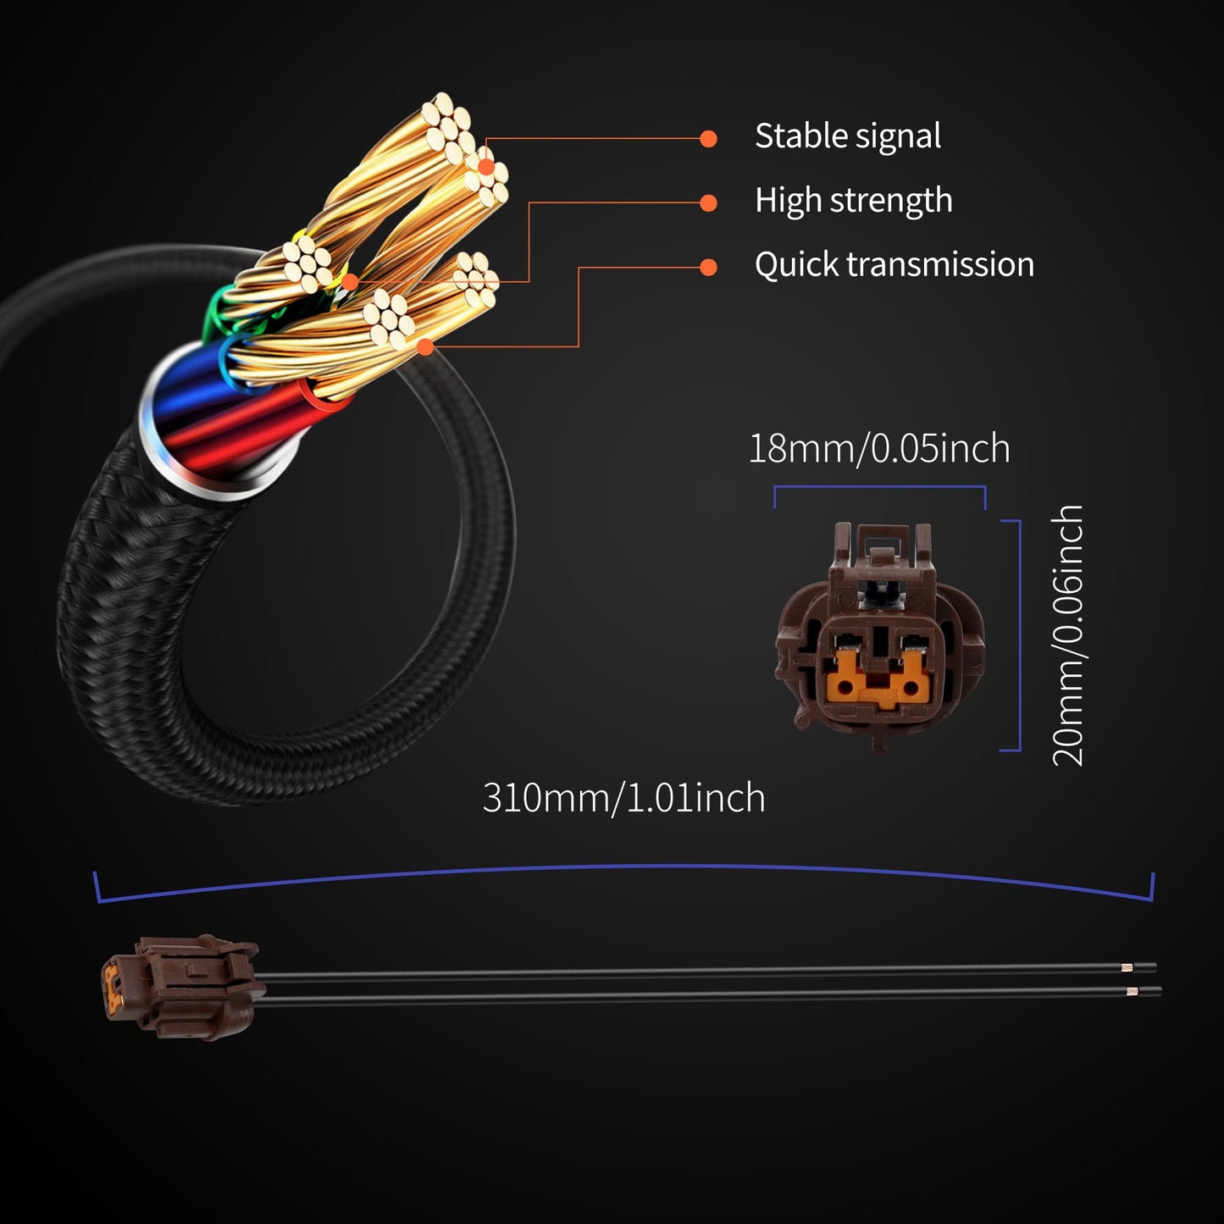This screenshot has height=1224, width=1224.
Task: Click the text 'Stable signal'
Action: [847, 136]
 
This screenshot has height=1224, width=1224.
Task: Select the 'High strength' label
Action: [853, 201]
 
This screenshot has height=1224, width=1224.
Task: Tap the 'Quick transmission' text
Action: [894, 264]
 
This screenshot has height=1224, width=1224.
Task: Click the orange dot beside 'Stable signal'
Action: [708, 138]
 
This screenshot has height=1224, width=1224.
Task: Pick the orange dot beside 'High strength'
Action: [708, 203]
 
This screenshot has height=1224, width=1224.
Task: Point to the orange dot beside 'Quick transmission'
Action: [708, 268]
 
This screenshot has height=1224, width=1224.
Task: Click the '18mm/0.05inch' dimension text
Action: [879, 448]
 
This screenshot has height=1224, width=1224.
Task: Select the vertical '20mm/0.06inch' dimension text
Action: [1068, 636]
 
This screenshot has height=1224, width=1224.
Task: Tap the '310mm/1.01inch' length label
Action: [623, 798]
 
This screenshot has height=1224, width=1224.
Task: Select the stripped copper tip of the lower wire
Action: [1132, 992]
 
